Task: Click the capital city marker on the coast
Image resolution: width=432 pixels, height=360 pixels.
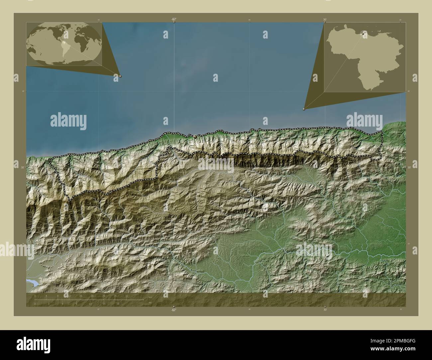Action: point(195,136)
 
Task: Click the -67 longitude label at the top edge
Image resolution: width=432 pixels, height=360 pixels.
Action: point(173,19)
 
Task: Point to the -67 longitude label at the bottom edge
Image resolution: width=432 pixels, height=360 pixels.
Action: point(173,310)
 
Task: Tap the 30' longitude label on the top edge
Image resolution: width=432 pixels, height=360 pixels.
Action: point(325,20)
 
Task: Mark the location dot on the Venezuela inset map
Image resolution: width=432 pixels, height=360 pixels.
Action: point(364,34)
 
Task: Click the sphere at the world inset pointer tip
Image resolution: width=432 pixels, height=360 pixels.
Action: point(120,76)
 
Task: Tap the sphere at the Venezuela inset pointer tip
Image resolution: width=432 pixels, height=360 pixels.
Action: point(304,109)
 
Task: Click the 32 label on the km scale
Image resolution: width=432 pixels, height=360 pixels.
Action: point(127,295)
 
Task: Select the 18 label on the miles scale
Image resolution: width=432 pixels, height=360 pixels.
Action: point(118,304)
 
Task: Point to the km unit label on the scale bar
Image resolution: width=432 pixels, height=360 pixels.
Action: point(150,297)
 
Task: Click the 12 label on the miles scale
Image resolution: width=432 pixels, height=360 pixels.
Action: point(90,304)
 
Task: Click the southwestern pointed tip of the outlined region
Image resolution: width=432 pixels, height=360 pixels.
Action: point(69,201)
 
